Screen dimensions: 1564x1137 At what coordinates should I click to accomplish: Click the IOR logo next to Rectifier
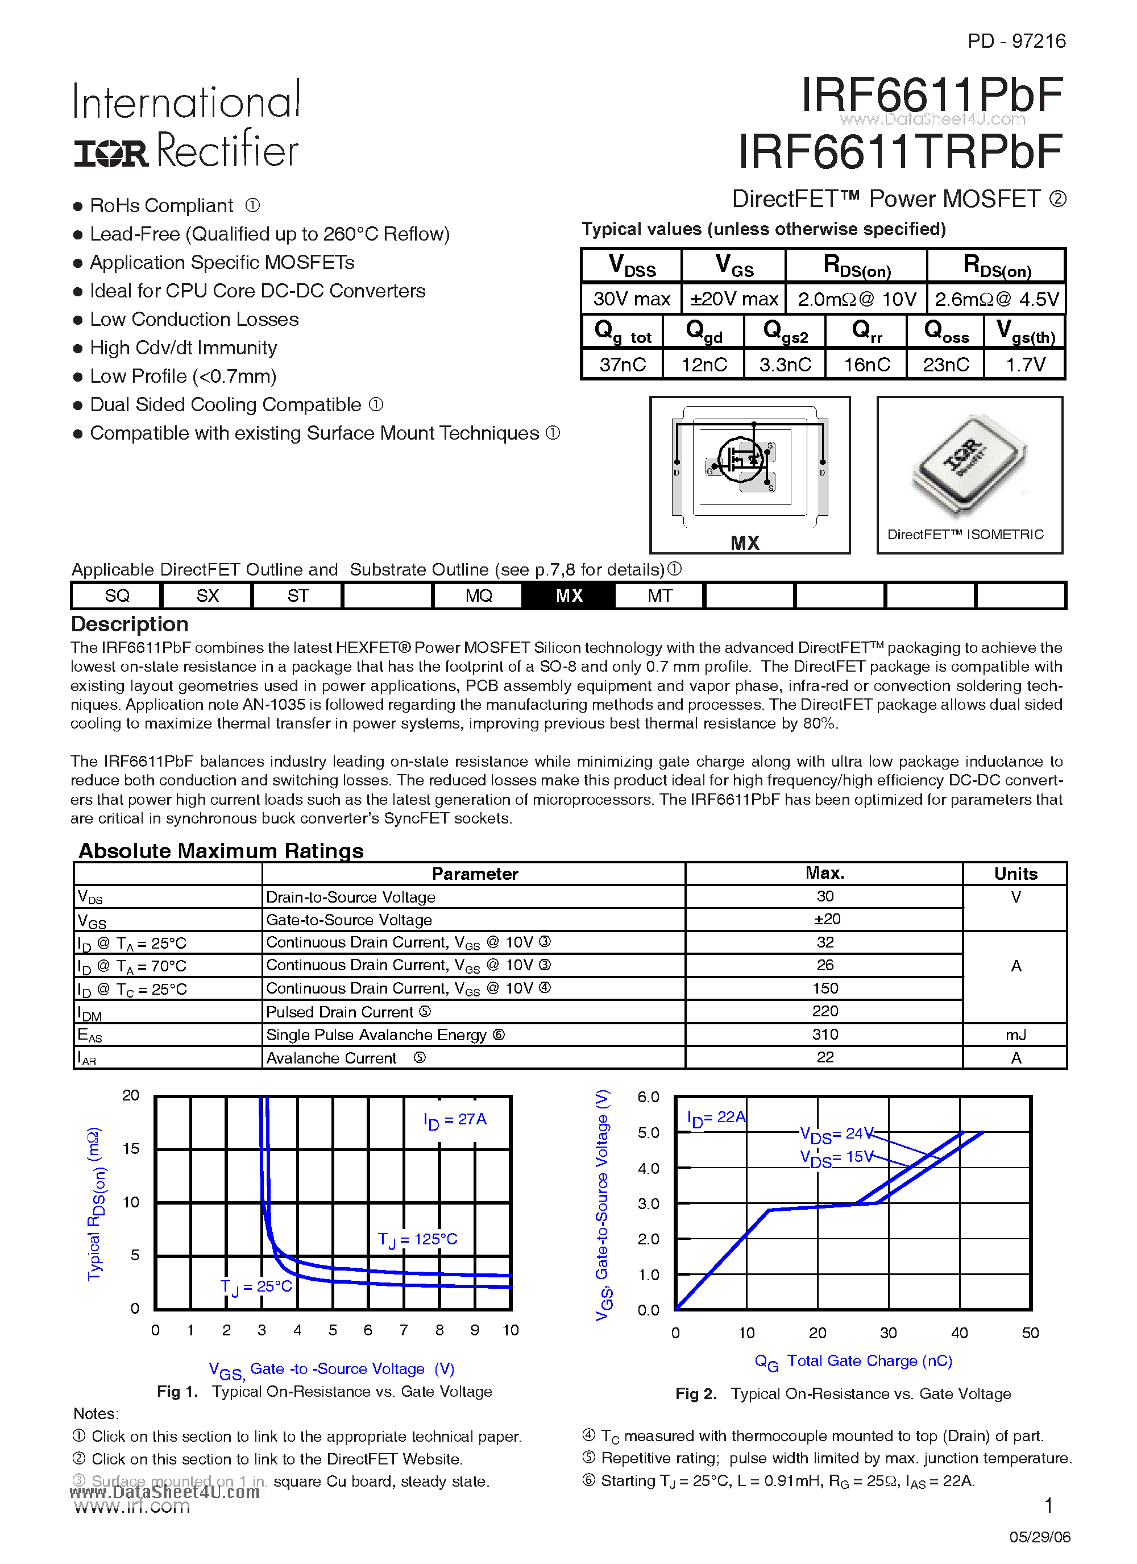pyautogui.click(x=111, y=153)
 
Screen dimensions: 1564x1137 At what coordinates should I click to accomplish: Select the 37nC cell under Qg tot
pyautogui.click(x=622, y=364)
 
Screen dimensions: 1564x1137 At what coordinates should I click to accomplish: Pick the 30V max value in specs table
pyautogui.click(x=631, y=299)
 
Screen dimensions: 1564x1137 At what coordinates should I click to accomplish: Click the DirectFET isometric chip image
pyautogui.click(x=968, y=465)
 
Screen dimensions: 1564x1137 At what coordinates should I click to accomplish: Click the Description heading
pyautogui.click(x=130, y=624)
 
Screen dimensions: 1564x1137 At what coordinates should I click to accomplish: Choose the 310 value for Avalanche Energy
pyautogui.click(x=825, y=1035)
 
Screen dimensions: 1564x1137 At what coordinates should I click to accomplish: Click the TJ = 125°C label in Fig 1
pyautogui.click(x=417, y=1239)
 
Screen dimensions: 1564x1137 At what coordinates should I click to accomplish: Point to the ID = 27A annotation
pyautogui.click(x=454, y=1120)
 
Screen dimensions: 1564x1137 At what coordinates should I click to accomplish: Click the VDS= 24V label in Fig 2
pyautogui.click(x=836, y=1135)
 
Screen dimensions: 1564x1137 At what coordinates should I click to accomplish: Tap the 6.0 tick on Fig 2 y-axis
pyautogui.click(x=648, y=1097)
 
